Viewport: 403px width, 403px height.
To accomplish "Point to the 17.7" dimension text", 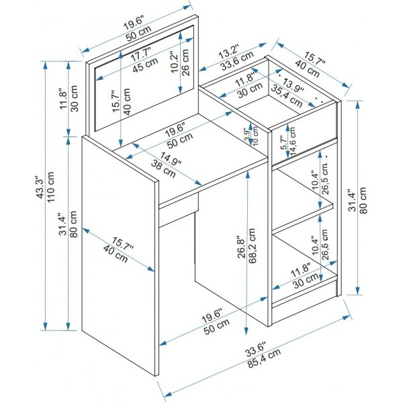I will (x=141, y=56).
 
